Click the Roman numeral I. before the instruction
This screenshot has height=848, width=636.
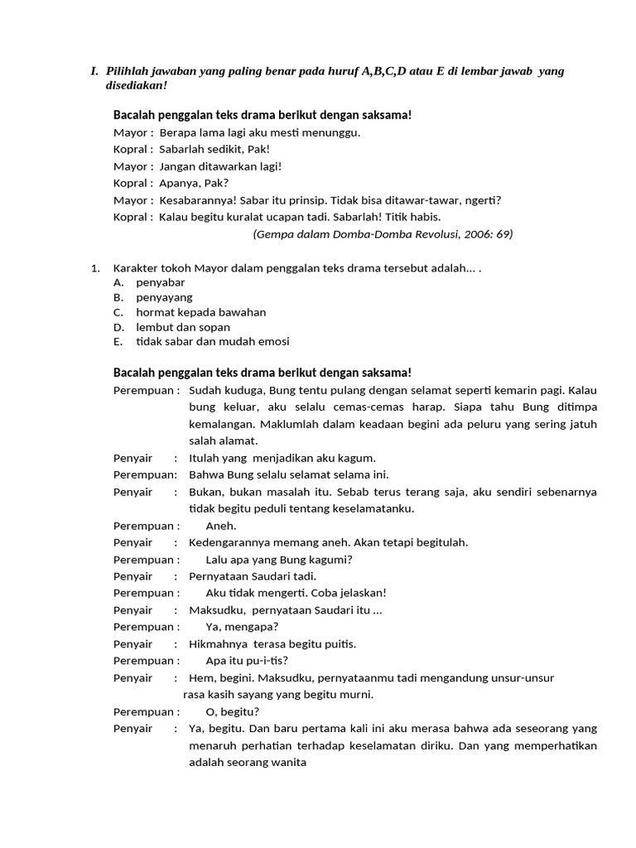(94, 71)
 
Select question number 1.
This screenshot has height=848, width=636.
(95, 268)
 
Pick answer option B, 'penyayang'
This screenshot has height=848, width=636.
(164, 297)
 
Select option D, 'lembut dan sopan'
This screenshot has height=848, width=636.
(183, 327)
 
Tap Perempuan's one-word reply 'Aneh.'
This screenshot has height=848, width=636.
(221, 526)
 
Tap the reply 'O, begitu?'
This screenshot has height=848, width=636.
(233, 712)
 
